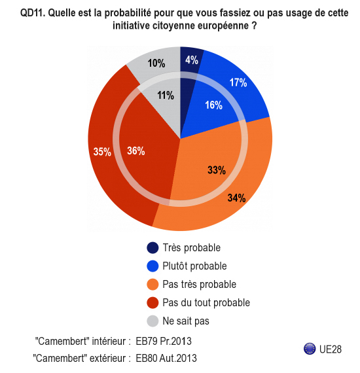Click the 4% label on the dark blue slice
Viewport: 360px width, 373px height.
(192, 60)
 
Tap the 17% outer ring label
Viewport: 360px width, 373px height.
(238, 82)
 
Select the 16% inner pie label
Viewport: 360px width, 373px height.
(213, 105)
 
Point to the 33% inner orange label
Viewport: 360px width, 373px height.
(217, 170)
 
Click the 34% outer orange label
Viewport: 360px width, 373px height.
(236, 198)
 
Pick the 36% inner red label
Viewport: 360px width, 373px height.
(136, 151)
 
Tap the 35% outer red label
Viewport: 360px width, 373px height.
(102, 152)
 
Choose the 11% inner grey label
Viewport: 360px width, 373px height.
(166, 96)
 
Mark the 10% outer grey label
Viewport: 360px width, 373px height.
(156, 63)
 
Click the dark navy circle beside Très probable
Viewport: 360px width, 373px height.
(153, 247)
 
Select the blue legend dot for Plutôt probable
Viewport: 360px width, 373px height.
(153, 266)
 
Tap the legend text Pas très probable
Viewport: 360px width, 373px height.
(200, 284)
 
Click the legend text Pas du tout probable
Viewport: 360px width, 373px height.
(206, 302)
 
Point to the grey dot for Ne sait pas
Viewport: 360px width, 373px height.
(153, 321)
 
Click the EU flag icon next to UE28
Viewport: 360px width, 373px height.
(310, 349)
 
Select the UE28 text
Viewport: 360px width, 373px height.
(331, 349)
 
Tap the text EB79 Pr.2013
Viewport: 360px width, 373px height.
(164, 341)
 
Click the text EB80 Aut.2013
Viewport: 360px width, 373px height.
(166, 358)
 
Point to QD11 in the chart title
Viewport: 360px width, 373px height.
(33, 13)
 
